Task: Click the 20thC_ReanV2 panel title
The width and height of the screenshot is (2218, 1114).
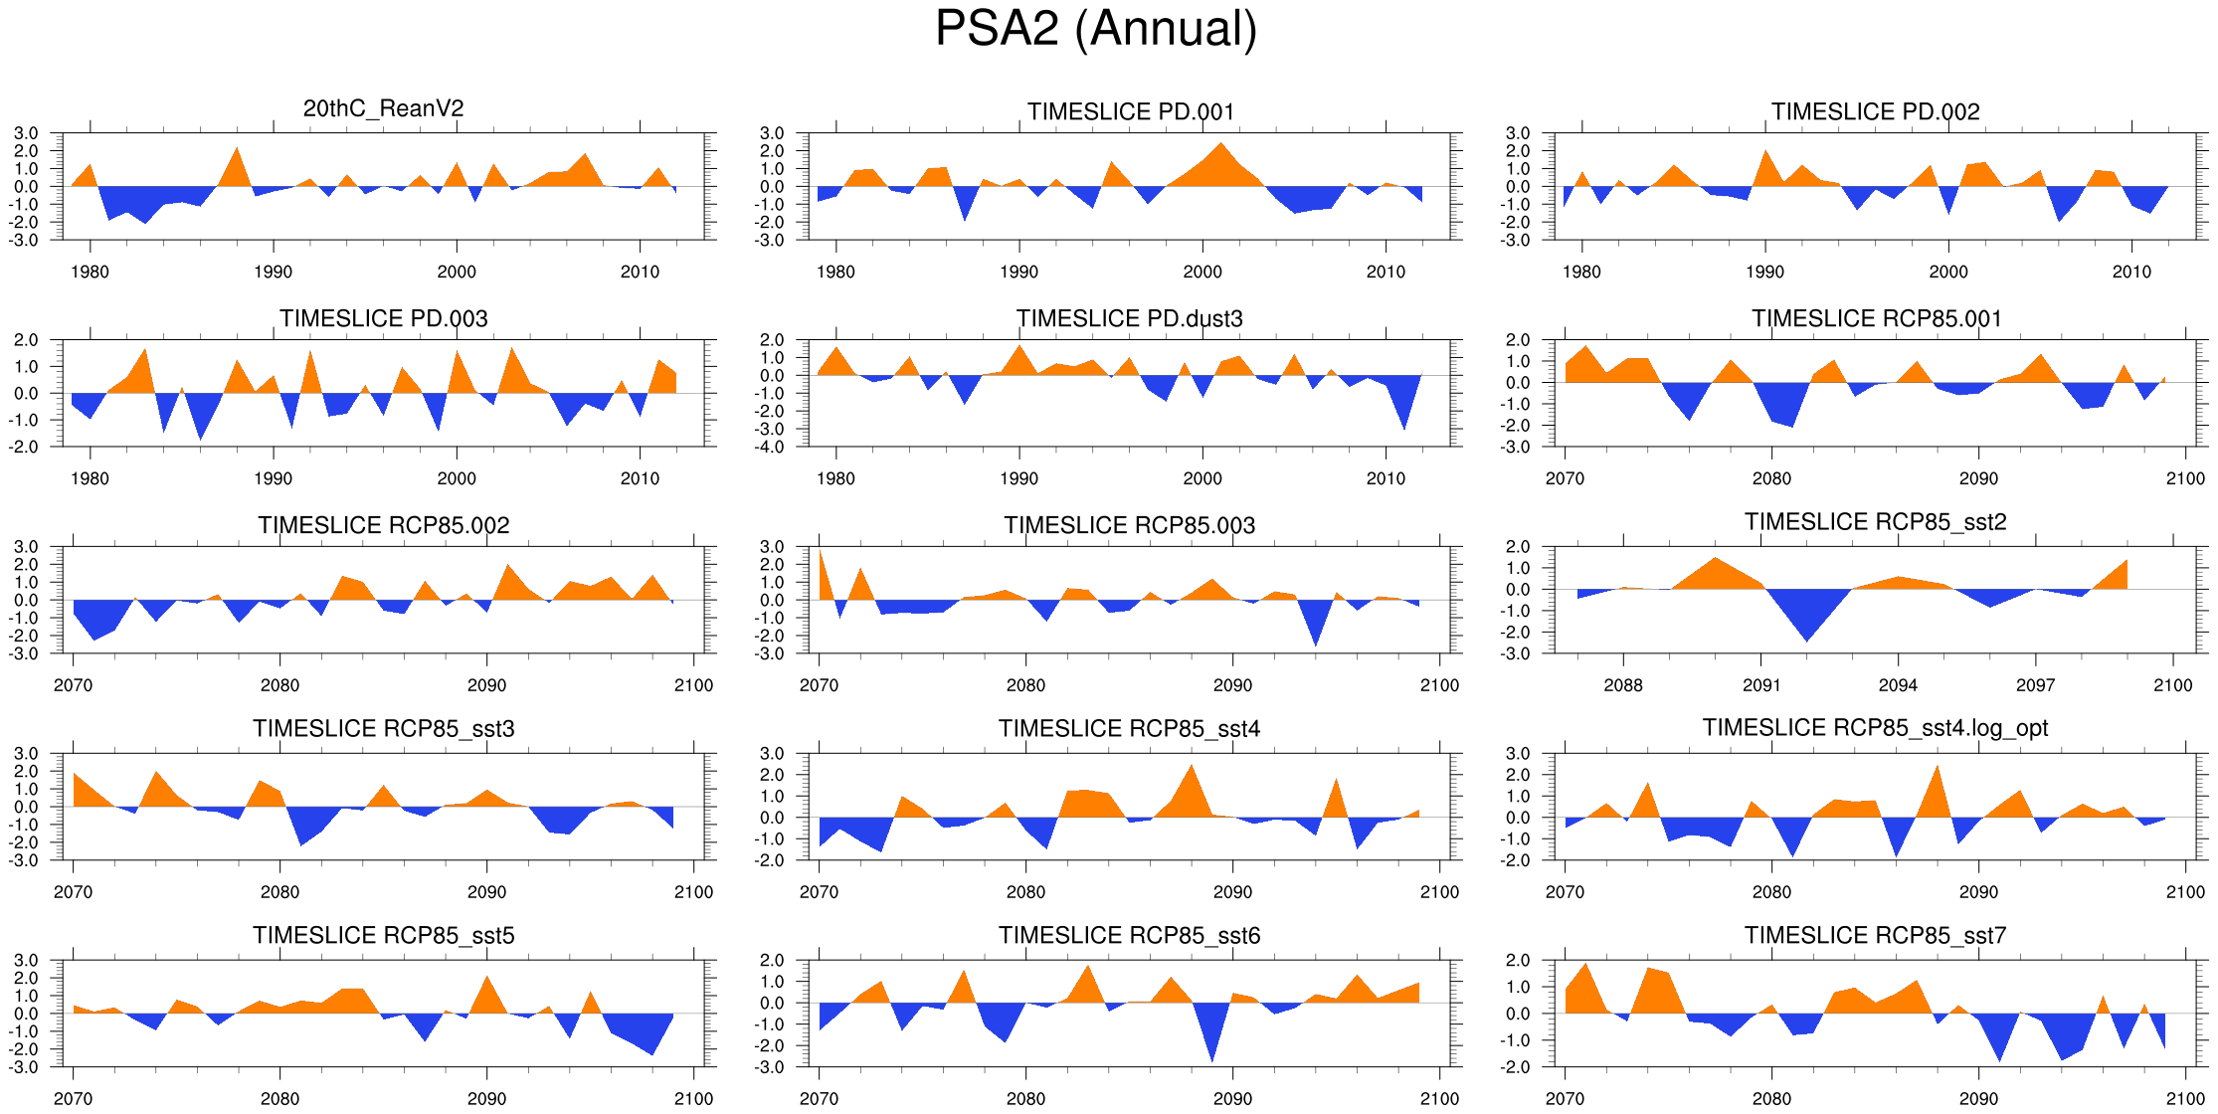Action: point(383,108)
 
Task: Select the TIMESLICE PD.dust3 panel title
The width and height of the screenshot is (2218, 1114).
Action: point(1129,318)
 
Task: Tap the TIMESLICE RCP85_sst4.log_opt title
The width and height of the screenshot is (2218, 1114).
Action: point(1875,728)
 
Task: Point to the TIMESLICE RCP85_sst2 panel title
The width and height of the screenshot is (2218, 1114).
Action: point(1875,522)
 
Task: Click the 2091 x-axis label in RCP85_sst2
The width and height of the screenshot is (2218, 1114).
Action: point(1760,685)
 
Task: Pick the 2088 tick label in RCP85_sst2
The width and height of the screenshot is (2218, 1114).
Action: point(1623,685)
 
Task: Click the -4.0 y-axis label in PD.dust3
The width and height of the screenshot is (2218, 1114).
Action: point(772,448)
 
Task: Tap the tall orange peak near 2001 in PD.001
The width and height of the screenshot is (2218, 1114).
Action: point(1221,159)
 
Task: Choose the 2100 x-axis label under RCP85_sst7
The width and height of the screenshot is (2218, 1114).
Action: point(2185,1099)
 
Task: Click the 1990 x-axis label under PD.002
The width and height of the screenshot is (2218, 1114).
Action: point(1764,272)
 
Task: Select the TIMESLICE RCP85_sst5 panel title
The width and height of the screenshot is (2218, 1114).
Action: point(383,936)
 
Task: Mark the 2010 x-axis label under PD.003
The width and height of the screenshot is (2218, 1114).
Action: point(640,478)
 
